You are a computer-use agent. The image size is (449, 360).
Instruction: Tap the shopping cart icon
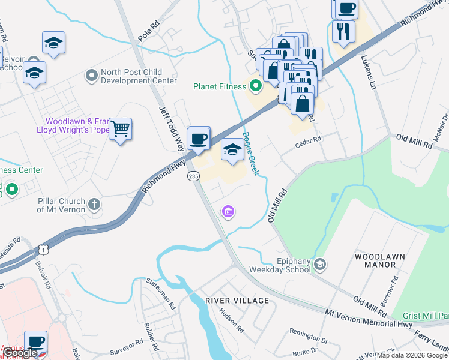coord(121,128)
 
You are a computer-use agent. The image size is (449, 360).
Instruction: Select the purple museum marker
coord(228,212)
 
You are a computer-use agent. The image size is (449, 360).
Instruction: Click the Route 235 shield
coord(193,176)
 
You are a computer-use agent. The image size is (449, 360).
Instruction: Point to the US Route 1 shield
coord(43,248)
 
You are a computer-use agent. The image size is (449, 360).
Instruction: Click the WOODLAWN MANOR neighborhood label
coord(379,261)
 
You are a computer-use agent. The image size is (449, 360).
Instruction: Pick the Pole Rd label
coord(151,34)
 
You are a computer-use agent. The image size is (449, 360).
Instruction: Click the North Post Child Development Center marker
coord(92,76)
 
